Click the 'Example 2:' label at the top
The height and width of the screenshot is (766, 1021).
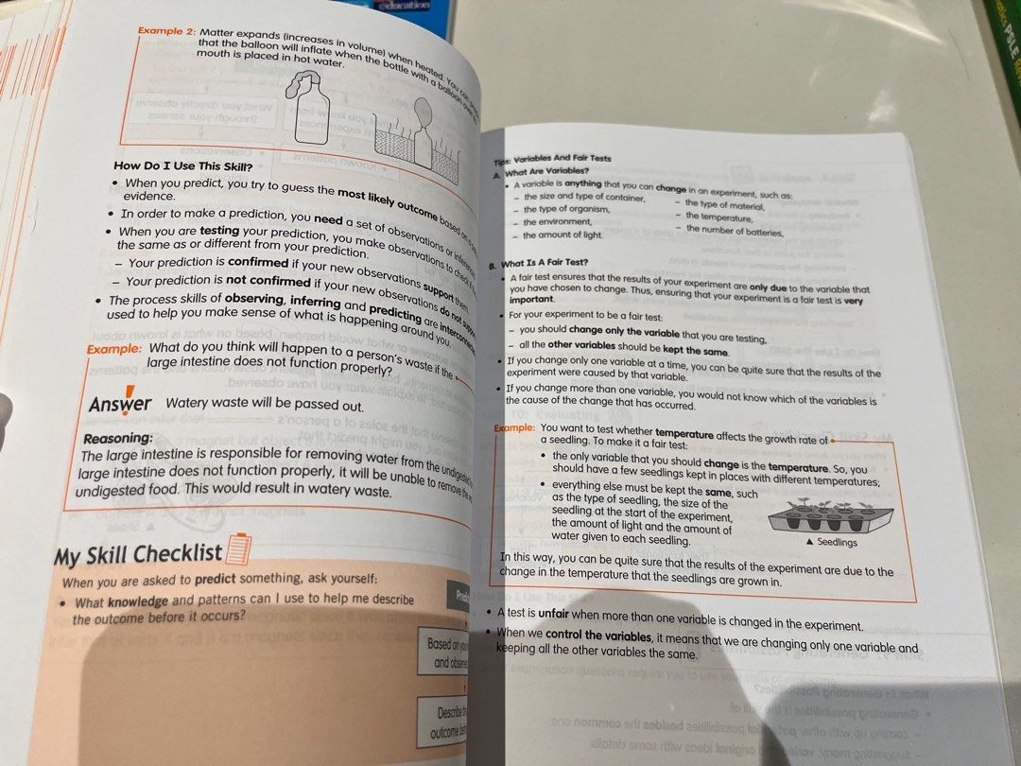[x=165, y=31]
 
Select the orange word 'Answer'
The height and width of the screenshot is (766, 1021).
[x=120, y=404]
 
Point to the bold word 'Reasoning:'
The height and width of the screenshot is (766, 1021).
[x=118, y=439]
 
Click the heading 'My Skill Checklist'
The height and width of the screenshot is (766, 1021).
[x=138, y=555]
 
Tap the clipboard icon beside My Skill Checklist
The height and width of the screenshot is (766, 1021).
[x=240, y=548]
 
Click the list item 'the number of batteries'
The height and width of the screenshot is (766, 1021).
[x=735, y=230]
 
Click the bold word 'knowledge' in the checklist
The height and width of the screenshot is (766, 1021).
[x=138, y=601]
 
